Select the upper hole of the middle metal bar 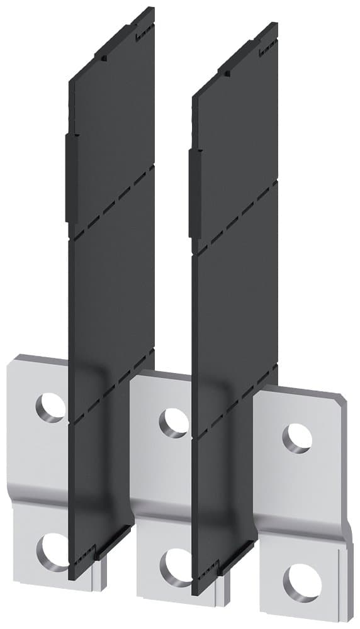point(173,422)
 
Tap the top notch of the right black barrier point(228,74)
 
